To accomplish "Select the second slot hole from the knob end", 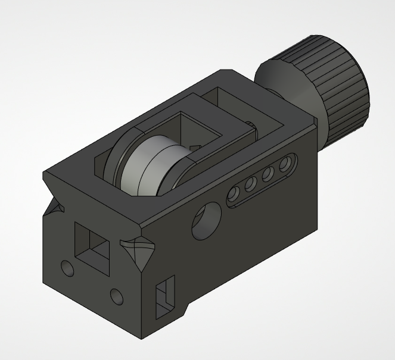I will [269, 173].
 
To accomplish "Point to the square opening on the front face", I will [94, 247].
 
